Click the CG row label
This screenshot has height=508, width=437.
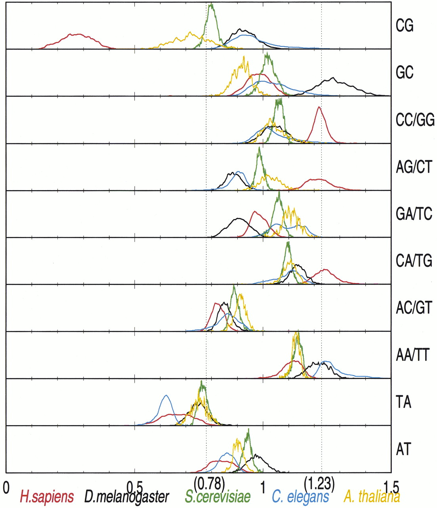(x=405, y=26)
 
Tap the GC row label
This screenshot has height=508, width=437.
(x=405, y=73)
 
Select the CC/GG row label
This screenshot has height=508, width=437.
(x=415, y=119)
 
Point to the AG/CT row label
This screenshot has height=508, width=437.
(x=414, y=167)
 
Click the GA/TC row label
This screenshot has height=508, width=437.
(x=414, y=214)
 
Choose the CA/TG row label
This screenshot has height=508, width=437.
(x=414, y=261)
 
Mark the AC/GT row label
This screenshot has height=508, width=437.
(x=414, y=308)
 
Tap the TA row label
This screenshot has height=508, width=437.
(x=404, y=402)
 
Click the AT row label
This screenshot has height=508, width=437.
(x=404, y=449)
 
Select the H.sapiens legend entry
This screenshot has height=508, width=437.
(x=47, y=497)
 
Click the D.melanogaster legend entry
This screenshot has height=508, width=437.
(x=127, y=497)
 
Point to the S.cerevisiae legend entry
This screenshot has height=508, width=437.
(x=218, y=497)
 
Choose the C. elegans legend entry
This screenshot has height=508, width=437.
(x=300, y=497)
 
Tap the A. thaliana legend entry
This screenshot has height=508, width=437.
(x=372, y=497)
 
